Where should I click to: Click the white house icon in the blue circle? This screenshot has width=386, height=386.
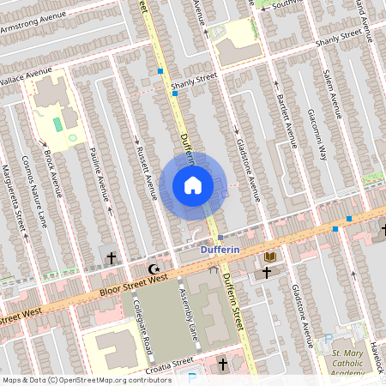coord(193,185)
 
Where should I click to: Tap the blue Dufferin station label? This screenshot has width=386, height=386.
coord(220,250)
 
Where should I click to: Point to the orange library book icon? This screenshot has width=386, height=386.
coord(270,256)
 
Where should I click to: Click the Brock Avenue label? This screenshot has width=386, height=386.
coord(52,172)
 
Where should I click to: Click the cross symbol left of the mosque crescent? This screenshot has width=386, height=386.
coord(111,256)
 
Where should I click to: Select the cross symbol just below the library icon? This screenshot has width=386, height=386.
coord(267,273)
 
